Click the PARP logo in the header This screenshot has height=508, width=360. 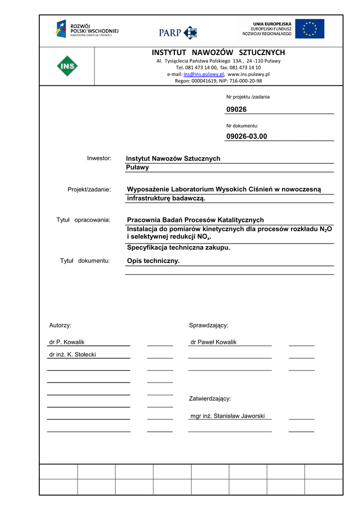point(178,32)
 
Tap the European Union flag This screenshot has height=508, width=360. point(309,29)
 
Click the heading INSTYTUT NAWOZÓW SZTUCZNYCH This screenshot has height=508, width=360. point(218,53)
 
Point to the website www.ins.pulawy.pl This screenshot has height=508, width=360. point(248,74)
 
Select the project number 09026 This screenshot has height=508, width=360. point(236,109)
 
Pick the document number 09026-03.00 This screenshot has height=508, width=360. point(246,136)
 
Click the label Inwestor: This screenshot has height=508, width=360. point(99,158)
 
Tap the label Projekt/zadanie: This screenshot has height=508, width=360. point(89,189)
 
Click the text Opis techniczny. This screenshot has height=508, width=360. point(153,261)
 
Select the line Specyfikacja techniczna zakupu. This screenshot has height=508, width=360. point(179,248)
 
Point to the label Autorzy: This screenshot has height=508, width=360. point(60,325)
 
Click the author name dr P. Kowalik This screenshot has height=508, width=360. point(67,342)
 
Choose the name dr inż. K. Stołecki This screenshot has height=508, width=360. point(72,355)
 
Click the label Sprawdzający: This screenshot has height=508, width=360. point(209,325)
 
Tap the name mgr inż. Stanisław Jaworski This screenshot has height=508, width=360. point(227,416)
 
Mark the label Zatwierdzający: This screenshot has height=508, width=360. point(210,399)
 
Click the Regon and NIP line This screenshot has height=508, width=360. point(218,81)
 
